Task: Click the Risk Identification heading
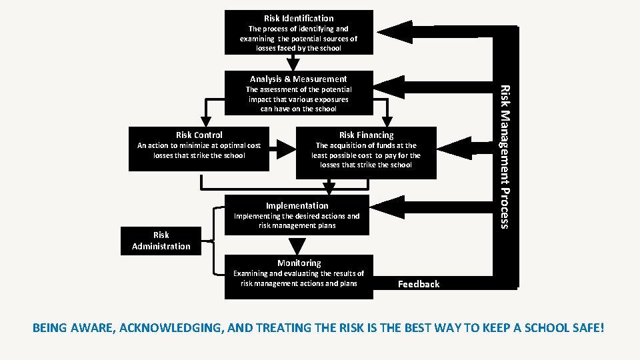click(x=299, y=18)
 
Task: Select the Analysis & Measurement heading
click(x=299, y=79)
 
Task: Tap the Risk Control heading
click(x=199, y=135)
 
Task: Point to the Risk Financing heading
click(x=366, y=135)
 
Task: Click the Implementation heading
click(x=297, y=205)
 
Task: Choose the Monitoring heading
click(x=299, y=263)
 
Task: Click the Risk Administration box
click(x=161, y=241)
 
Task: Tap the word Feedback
click(x=419, y=284)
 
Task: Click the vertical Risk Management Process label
click(x=505, y=156)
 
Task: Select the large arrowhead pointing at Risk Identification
click(x=393, y=31)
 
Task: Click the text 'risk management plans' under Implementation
click(x=297, y=225)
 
